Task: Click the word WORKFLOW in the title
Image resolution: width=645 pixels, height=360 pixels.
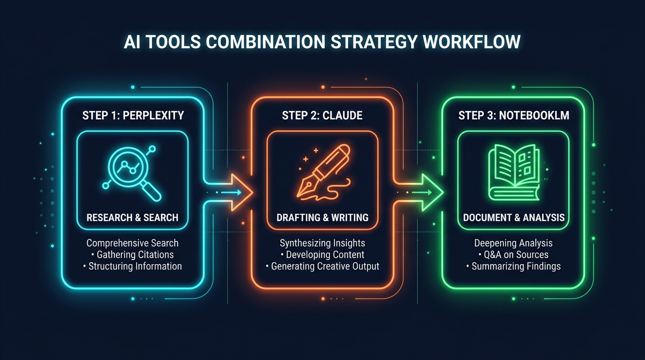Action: tap(472, 42)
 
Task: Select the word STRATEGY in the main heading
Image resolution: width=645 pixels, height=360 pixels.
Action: tap(374, 42)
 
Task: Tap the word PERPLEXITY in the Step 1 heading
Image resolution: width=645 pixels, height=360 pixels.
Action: tap(153, 115)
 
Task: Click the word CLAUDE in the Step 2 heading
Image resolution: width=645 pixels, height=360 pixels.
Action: tap(342, 115)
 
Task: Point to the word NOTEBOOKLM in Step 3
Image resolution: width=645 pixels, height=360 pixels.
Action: tap(534, 115)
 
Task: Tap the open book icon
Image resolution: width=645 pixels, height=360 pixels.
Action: tap(514, 172)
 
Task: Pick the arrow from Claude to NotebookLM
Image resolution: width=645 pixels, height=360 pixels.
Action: tap(419, 192)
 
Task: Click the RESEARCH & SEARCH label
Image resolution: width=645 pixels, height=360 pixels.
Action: tap(133, 217)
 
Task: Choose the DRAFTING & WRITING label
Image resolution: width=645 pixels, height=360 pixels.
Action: tap(322, 217)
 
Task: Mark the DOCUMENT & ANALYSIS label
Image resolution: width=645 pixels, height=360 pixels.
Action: tap(514, 217)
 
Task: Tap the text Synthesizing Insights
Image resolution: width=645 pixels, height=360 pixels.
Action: tap(322, 243)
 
